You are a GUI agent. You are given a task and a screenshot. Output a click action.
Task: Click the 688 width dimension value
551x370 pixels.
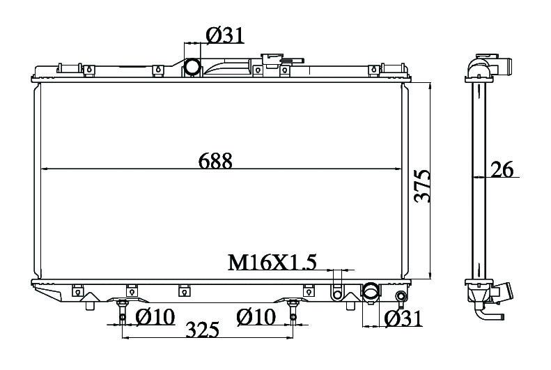(215, 161)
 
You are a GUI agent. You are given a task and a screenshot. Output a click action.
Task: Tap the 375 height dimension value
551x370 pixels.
(422, 186)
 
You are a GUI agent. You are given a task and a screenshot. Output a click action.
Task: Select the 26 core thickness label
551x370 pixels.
(502, 169)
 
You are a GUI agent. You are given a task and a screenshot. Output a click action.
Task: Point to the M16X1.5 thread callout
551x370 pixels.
(272, 262)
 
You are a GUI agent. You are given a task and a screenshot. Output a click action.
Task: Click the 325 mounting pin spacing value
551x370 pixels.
(202, 330)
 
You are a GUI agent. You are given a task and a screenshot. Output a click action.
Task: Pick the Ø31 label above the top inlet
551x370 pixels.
(225, 36)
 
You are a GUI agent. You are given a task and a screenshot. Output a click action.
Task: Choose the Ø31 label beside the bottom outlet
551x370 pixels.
(403, 318)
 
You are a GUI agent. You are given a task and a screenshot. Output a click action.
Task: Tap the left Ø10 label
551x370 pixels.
(155, 317)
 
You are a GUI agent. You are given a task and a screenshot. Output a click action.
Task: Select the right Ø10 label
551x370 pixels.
(256, 317)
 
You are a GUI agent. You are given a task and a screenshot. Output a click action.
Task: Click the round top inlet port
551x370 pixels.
(192, 67)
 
